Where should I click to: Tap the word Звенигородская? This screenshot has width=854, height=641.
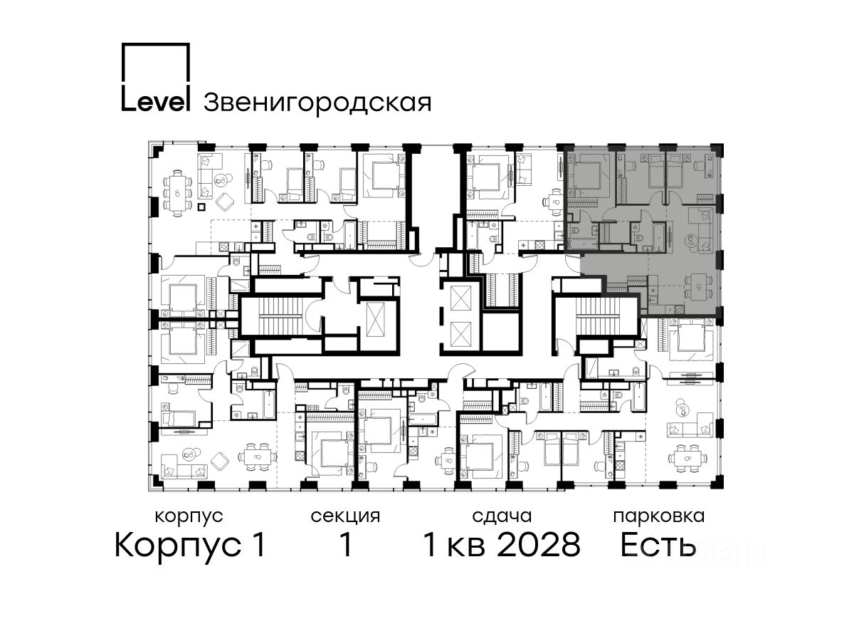pyautogui.click(x=317, y=103)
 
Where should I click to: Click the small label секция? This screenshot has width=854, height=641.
pyautogui.click(x=345, y=516)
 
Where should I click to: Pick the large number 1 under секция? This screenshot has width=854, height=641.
pyautogui.click(x=346, y=545)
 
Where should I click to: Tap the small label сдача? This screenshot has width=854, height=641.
pyautogui.click(x=502, y=516)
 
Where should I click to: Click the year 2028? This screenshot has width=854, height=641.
pyautogui.click(x=539, y=545)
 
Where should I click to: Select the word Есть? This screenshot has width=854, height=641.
pyautogui.click(x=658, y=545)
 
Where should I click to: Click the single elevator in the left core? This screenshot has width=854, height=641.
pyautogui.click(x=375, y=320)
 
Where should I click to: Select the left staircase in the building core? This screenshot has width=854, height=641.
pyautogui.click(x=280, y=317)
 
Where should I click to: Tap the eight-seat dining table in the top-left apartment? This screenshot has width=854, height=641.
pyautogui.click(x=177, y=193)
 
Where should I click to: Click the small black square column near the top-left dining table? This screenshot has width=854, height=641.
pyautogui.click(x=201, y=207)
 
